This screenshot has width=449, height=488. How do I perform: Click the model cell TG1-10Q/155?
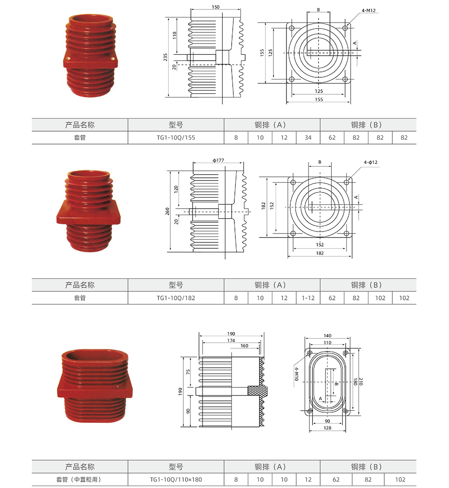[x=176, y=137]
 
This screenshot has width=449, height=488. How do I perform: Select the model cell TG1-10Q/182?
[x=176, y=298]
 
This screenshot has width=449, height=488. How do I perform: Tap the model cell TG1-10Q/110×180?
[x=176, y=479]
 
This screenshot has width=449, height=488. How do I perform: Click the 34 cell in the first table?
[x=308, y=137]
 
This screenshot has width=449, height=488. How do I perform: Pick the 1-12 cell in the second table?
[x=308, y=298]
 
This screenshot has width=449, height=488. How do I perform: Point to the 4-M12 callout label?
[x=369, y=10]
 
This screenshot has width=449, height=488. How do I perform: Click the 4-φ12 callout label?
[x=370, y=162]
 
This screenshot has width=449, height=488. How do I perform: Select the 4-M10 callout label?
[x=296, y=374]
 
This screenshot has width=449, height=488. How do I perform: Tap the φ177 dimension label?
[x=218, y=160]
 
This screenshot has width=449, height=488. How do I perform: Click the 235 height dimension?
[x=165, y=57]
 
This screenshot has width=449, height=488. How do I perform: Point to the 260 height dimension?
[x=167, y=211]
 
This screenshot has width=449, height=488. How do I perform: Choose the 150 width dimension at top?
[x=216, y=7]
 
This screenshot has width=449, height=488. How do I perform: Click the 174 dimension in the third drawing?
[x=231, y=340]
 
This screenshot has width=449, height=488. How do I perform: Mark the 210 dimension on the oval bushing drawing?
[x=361, y=381]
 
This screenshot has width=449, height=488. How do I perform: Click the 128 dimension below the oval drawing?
[x=327, y=428]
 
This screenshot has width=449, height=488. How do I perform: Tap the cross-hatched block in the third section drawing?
[x=258, y=391]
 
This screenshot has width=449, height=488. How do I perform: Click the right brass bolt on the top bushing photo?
[x=112, y=58]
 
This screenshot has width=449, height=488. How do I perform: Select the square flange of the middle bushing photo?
[x=88, y=213]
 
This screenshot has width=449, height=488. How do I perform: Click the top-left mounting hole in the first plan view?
[x=291, y=28]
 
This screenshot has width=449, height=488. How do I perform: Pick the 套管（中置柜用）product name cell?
[x=79, y=479]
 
